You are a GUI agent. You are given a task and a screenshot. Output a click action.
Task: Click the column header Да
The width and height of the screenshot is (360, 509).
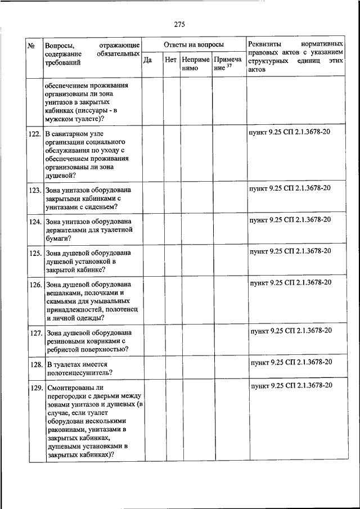pyautogui.click(x=147, y=59)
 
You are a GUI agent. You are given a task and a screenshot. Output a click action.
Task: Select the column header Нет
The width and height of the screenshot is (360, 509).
pyautogui.click(x=171, y=59)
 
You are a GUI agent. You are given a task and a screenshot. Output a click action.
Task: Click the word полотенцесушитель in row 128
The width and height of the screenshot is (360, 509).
pyautogui.click(x=79, y=372)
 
